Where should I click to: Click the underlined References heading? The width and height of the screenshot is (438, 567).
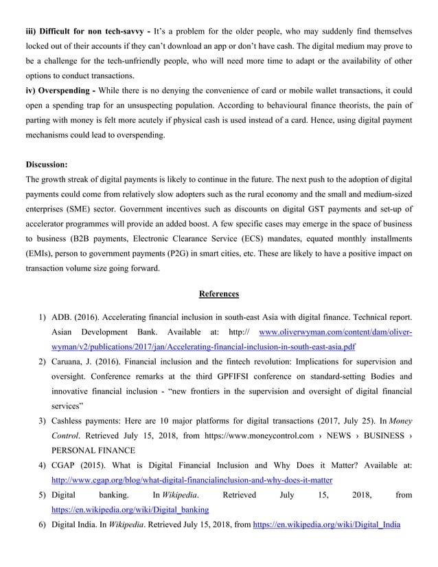tap(219, 294)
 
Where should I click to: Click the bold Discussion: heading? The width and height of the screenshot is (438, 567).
tap(47, 165)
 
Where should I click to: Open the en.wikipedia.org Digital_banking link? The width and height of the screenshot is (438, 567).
tap(130, 510)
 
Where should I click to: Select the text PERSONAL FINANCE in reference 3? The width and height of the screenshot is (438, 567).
tap(94, 450)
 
